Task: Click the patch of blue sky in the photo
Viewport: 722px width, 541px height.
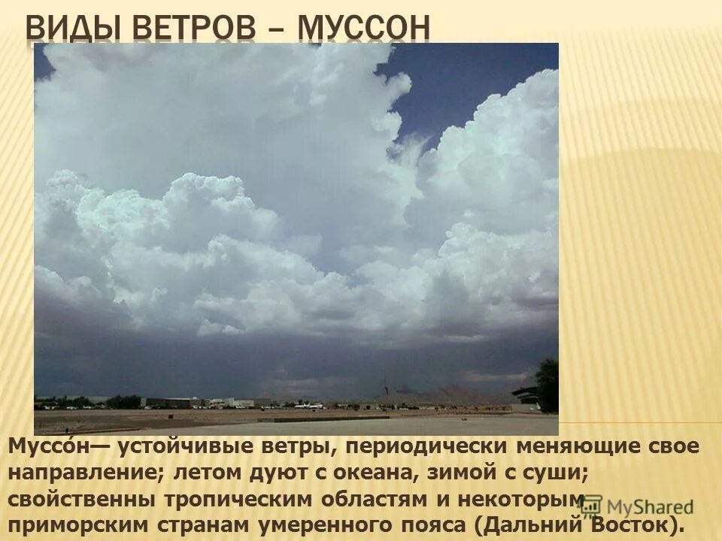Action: [x=466, y=83]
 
